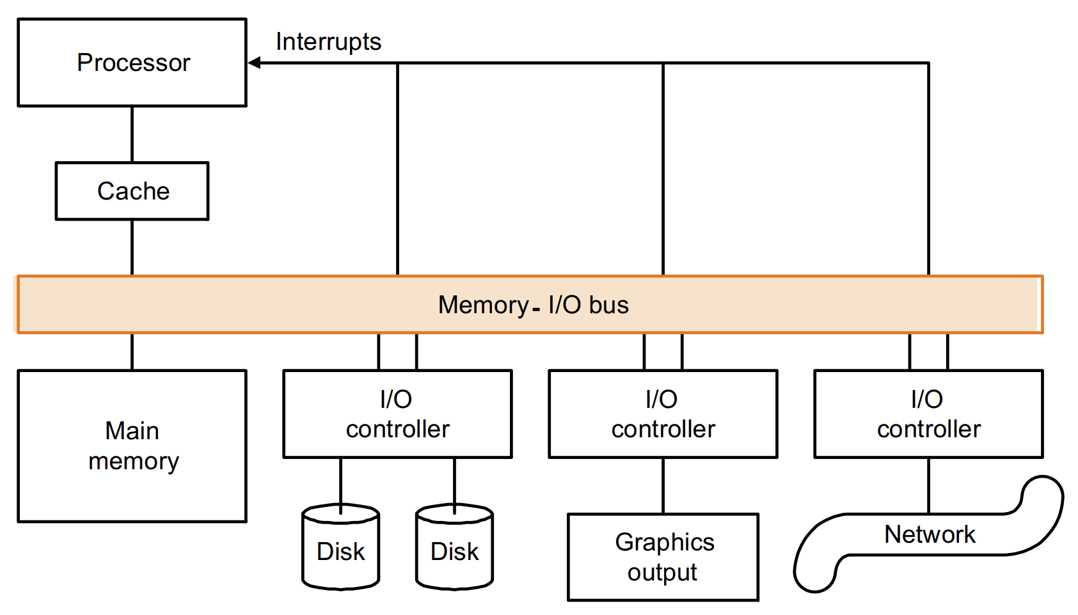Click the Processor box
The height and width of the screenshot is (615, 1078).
pyautogui.click(x=132, y=63)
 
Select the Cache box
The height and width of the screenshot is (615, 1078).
pyautogui.click(x=132, y=191)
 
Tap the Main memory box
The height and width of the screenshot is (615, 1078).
pyautogui.click(x=132, y=446)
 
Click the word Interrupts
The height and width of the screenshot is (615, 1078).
pyautogui.click(x=328, y=42)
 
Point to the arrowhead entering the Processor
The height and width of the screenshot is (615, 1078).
pyautogui.click(x=254, y=63)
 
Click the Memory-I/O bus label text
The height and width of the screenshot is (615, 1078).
pyautogui.click(x=533, y=305)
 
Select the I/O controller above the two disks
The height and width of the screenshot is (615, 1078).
pyautogui.click(x=397, y=414)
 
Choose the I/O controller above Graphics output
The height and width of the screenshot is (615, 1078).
pyautogui.click(x=663, y=414)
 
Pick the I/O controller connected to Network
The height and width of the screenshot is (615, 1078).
pyautogui.click(x=928, y=414)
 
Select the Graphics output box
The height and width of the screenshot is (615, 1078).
pyautogui.click(x=663, y=557)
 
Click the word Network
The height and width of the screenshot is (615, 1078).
pyautogui.click(x=930, y=534)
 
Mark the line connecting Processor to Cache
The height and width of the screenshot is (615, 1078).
pyautogui.click(x=132, y=134)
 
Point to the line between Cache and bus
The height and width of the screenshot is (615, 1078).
pyautogui.click(x=132, y=247)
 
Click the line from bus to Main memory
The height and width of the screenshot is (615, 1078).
pyautogui.click(x=132, y=352)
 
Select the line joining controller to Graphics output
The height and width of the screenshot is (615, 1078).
pyautogui.click(x=663, y=486)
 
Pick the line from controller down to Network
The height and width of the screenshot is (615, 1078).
pyautogui.click(x=928, y=486)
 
